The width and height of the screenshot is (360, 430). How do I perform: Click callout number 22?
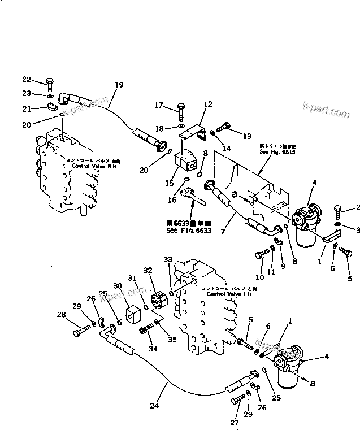click(27, 80)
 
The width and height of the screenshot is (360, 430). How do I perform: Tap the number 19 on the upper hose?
click(119, 84)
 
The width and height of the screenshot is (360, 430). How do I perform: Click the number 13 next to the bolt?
click(247, 136)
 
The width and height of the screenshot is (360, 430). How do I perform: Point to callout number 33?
click(167, 259)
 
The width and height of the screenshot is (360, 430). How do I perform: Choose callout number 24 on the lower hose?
click(154, 405)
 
